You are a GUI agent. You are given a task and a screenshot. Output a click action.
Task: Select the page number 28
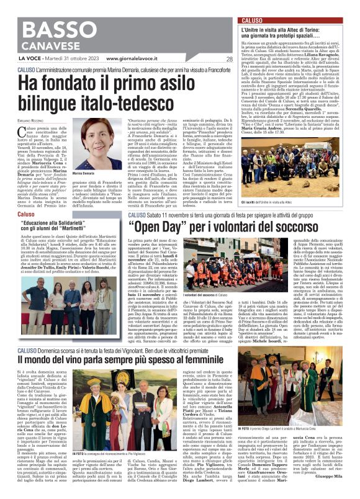229,60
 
